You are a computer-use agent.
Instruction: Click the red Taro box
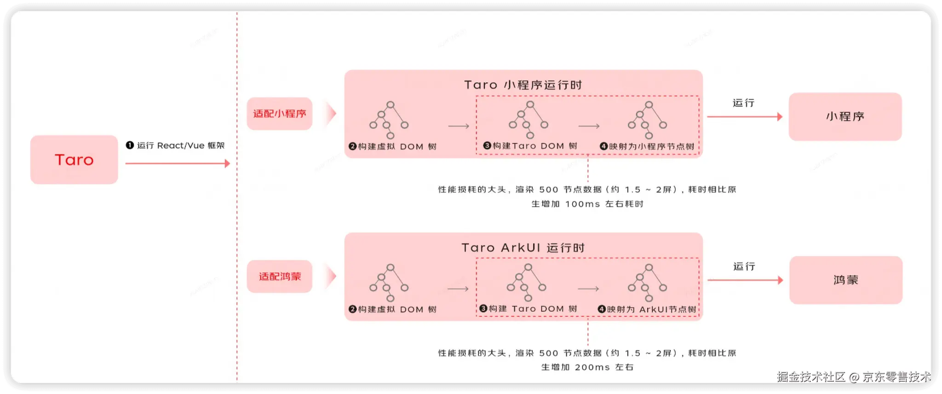pos(74,160)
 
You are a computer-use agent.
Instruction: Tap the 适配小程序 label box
pos(280,114)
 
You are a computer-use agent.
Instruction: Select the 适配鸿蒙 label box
pos(280,277)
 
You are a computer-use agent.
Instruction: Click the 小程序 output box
pos(845,116)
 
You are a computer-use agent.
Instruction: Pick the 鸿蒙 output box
pos(846,280)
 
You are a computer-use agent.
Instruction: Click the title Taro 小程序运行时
pos(523,85)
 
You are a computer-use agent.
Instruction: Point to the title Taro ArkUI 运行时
pos(523,248)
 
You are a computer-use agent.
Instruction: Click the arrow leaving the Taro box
pos(178,163)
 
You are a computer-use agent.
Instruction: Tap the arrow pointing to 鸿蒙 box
pos(745,280)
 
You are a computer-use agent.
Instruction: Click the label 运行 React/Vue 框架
pos(175,145)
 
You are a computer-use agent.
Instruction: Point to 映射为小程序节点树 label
pos(647,146)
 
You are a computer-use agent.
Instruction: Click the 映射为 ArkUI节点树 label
pos(647,309)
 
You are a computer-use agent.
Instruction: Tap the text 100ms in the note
pos(582,204)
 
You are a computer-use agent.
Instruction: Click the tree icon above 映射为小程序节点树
pos(648,120)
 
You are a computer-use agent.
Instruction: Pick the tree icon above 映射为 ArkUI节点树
pos(648,283)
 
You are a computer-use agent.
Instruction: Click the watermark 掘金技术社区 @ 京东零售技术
pos(853,377)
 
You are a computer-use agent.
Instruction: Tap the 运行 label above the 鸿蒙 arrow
pos(744,267)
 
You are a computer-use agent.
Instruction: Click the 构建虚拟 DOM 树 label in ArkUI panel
pos(393,309)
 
